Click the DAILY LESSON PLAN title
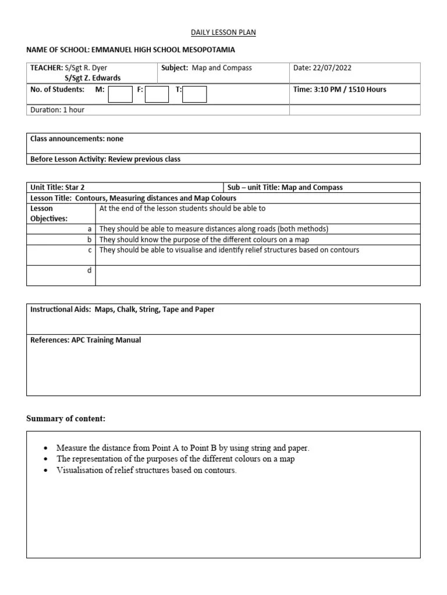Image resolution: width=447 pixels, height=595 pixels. pyautogui.click(x=223, y=33)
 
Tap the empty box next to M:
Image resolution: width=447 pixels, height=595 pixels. pyautogui.click(x=120, y=94)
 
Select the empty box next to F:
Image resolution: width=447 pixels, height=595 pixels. pyautogui.click(x=157, y=94)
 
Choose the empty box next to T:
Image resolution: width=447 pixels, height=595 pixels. pyautogui.click(x=194, y=94)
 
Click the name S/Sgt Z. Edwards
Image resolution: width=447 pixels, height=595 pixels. pyautogui.click(x=93, y=78)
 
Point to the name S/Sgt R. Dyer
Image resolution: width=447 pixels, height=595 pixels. pyautogui.click(x=86, y=68)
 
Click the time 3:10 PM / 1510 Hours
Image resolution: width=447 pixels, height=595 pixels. pyautogui.click(x=339, y=89)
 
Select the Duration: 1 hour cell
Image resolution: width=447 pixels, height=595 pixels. pyautogui.click(x=58, y=110)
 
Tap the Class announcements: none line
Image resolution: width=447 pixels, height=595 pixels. pyautogui.click(x=77, y=139)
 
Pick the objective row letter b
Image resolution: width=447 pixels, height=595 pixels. pyautogui.click(x=90, y=239)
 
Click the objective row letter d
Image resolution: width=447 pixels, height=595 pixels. pyautogui.click(x=90, y=271)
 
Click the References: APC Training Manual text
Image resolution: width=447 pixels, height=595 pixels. pyautogui.click(x=86, y=340)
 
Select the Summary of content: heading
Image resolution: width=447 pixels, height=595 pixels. pyautogui.click(x=66, y=419)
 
